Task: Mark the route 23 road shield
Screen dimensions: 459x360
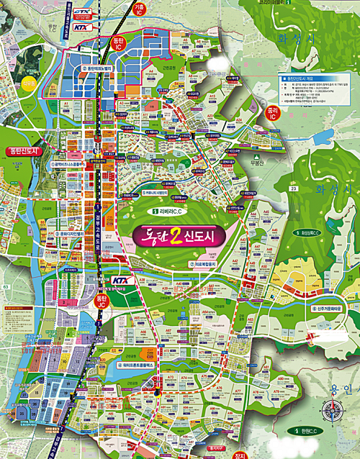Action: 274,188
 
